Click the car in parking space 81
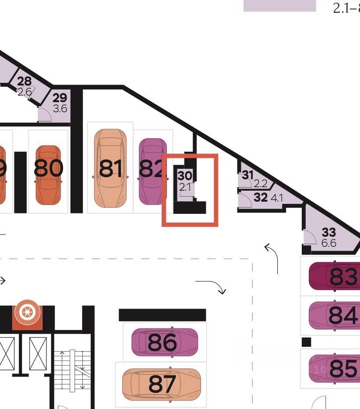pos(111,168)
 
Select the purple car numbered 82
pos(152,171)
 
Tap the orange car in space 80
pos(48,174)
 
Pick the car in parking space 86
pos(165,342)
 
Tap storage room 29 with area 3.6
pos(60,103)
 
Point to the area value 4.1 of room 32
pos(277,198)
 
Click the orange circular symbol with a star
pos(27,313)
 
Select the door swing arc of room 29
pos(45,114)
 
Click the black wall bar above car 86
pos(162,315)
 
